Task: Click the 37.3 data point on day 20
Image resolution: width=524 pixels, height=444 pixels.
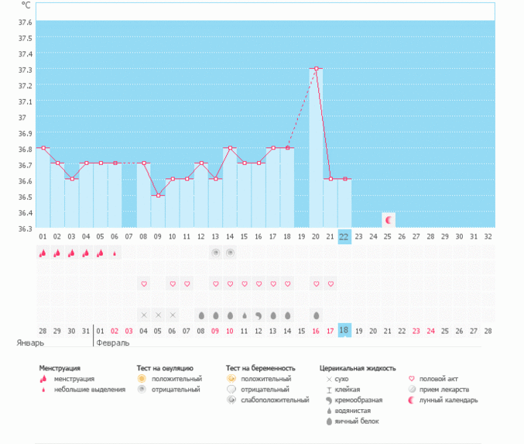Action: (x=317, y=68)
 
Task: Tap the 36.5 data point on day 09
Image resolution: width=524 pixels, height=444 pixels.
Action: (x=158, y=195)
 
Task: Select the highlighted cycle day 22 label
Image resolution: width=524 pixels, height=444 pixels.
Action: (x=344, y=236)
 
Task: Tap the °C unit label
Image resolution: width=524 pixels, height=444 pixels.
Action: (x=26, y=5)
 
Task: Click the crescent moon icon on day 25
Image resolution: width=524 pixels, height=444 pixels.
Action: (x=389, y=220)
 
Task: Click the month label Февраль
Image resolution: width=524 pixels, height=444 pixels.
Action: (x=112, y=341)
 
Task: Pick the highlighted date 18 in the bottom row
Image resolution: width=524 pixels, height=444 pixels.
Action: (x=344, y=329)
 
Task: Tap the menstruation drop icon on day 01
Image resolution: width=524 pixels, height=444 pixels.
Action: (x=43, y=253)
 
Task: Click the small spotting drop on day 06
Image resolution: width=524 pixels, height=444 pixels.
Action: (x=115, y=253)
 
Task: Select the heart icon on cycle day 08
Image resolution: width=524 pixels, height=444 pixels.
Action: (x=144, y=284)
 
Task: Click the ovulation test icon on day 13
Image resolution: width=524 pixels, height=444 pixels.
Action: (x=215, y=253)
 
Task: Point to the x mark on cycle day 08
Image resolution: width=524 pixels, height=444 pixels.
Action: (x=144, y=315)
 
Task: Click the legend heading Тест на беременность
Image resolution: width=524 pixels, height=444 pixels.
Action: (x=261, y=368)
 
